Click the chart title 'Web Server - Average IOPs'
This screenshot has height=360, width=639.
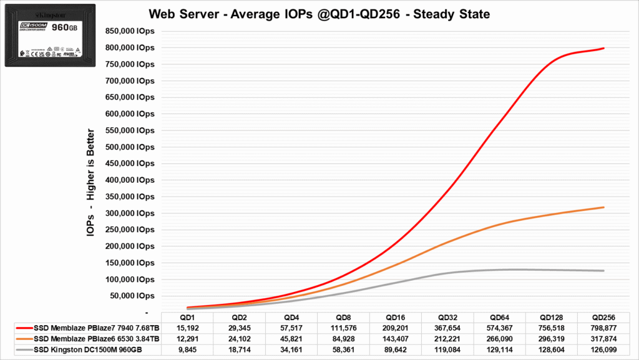click(x=319, y=14)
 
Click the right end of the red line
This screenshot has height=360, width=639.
click(x=603, y=48)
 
